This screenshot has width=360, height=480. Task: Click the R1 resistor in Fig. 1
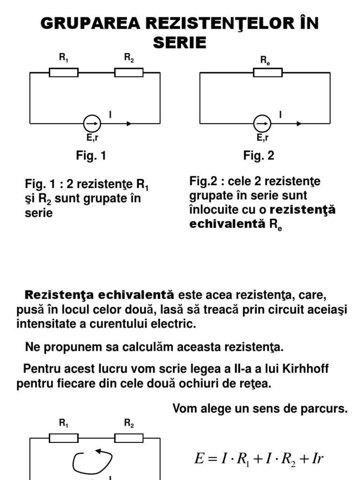64,73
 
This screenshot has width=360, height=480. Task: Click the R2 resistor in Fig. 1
129,73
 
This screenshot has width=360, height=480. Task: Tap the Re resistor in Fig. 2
268,73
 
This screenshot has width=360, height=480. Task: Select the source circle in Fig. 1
92,124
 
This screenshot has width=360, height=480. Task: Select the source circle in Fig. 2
262,124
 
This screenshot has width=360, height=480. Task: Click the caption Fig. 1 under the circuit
91,156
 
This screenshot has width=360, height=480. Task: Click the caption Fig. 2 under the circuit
259,156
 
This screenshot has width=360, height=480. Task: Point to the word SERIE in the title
180,43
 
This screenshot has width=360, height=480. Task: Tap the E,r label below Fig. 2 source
262,138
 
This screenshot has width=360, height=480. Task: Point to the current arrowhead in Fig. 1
129,124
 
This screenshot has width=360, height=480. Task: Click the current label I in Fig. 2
280,114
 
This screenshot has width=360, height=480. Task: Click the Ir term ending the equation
317,458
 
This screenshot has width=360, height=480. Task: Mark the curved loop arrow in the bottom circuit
92,461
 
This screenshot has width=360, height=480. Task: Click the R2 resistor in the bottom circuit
129,438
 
